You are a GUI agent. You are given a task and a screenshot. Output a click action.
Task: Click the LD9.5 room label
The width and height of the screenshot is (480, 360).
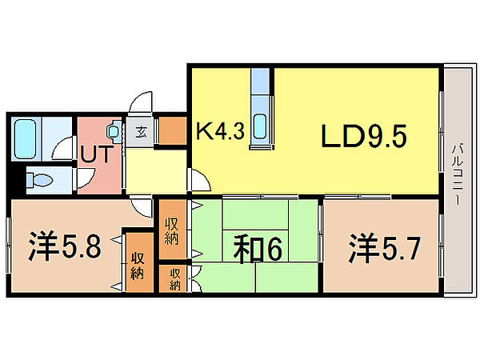click(x=364, y=135)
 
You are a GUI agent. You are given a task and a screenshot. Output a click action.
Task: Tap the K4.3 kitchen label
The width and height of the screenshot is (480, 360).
click(x=221, y=131)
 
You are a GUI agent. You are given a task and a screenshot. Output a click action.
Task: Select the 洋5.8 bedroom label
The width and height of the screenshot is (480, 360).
click(x=65, y=246)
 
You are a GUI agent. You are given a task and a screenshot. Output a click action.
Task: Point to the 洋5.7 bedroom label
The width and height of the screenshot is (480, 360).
click(x=384, y=248)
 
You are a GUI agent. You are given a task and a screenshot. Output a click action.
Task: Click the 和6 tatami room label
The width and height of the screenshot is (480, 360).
click(x=258, y=250)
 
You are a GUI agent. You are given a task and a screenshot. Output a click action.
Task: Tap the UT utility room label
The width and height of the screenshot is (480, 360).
click(x=95, y=154)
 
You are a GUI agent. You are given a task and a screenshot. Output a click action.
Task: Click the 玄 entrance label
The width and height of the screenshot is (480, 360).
click(x=141, y=133)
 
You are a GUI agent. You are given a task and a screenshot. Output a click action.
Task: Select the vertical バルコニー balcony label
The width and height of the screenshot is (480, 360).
click(x=458, y=175)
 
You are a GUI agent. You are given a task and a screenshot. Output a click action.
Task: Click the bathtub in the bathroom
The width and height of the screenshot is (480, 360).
click(x=26, y=138)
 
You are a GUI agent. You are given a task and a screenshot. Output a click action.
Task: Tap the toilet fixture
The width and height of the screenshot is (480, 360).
click(x=38, y=180)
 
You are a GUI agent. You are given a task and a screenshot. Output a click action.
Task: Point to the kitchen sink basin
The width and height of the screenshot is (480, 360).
click(x=260, y=126)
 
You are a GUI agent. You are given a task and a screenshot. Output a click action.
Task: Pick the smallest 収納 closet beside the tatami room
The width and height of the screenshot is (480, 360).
click(x=173, y=278)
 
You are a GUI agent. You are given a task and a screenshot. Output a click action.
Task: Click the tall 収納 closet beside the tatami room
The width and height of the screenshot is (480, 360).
click(x=173, y=230)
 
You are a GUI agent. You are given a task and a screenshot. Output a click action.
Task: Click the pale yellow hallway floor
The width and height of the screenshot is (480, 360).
click(x=156, y=171)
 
